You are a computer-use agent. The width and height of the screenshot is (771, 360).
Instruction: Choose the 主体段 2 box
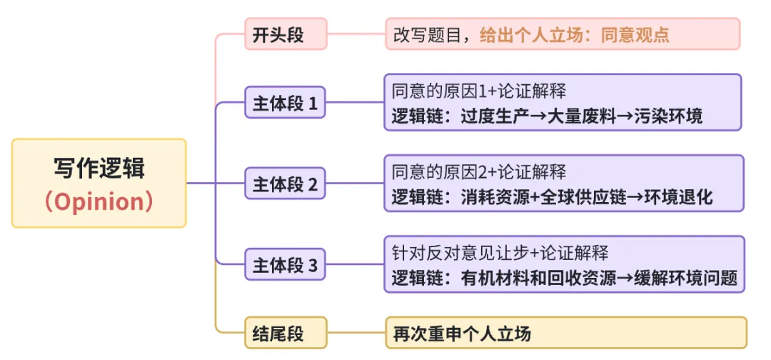tap(285, 185)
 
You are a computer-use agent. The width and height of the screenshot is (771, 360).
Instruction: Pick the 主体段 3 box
tap(285, 266)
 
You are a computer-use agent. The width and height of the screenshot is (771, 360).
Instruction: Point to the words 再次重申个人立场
tap(463, 334)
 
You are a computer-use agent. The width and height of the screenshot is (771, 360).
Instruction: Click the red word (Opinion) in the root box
tap(99, 201)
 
